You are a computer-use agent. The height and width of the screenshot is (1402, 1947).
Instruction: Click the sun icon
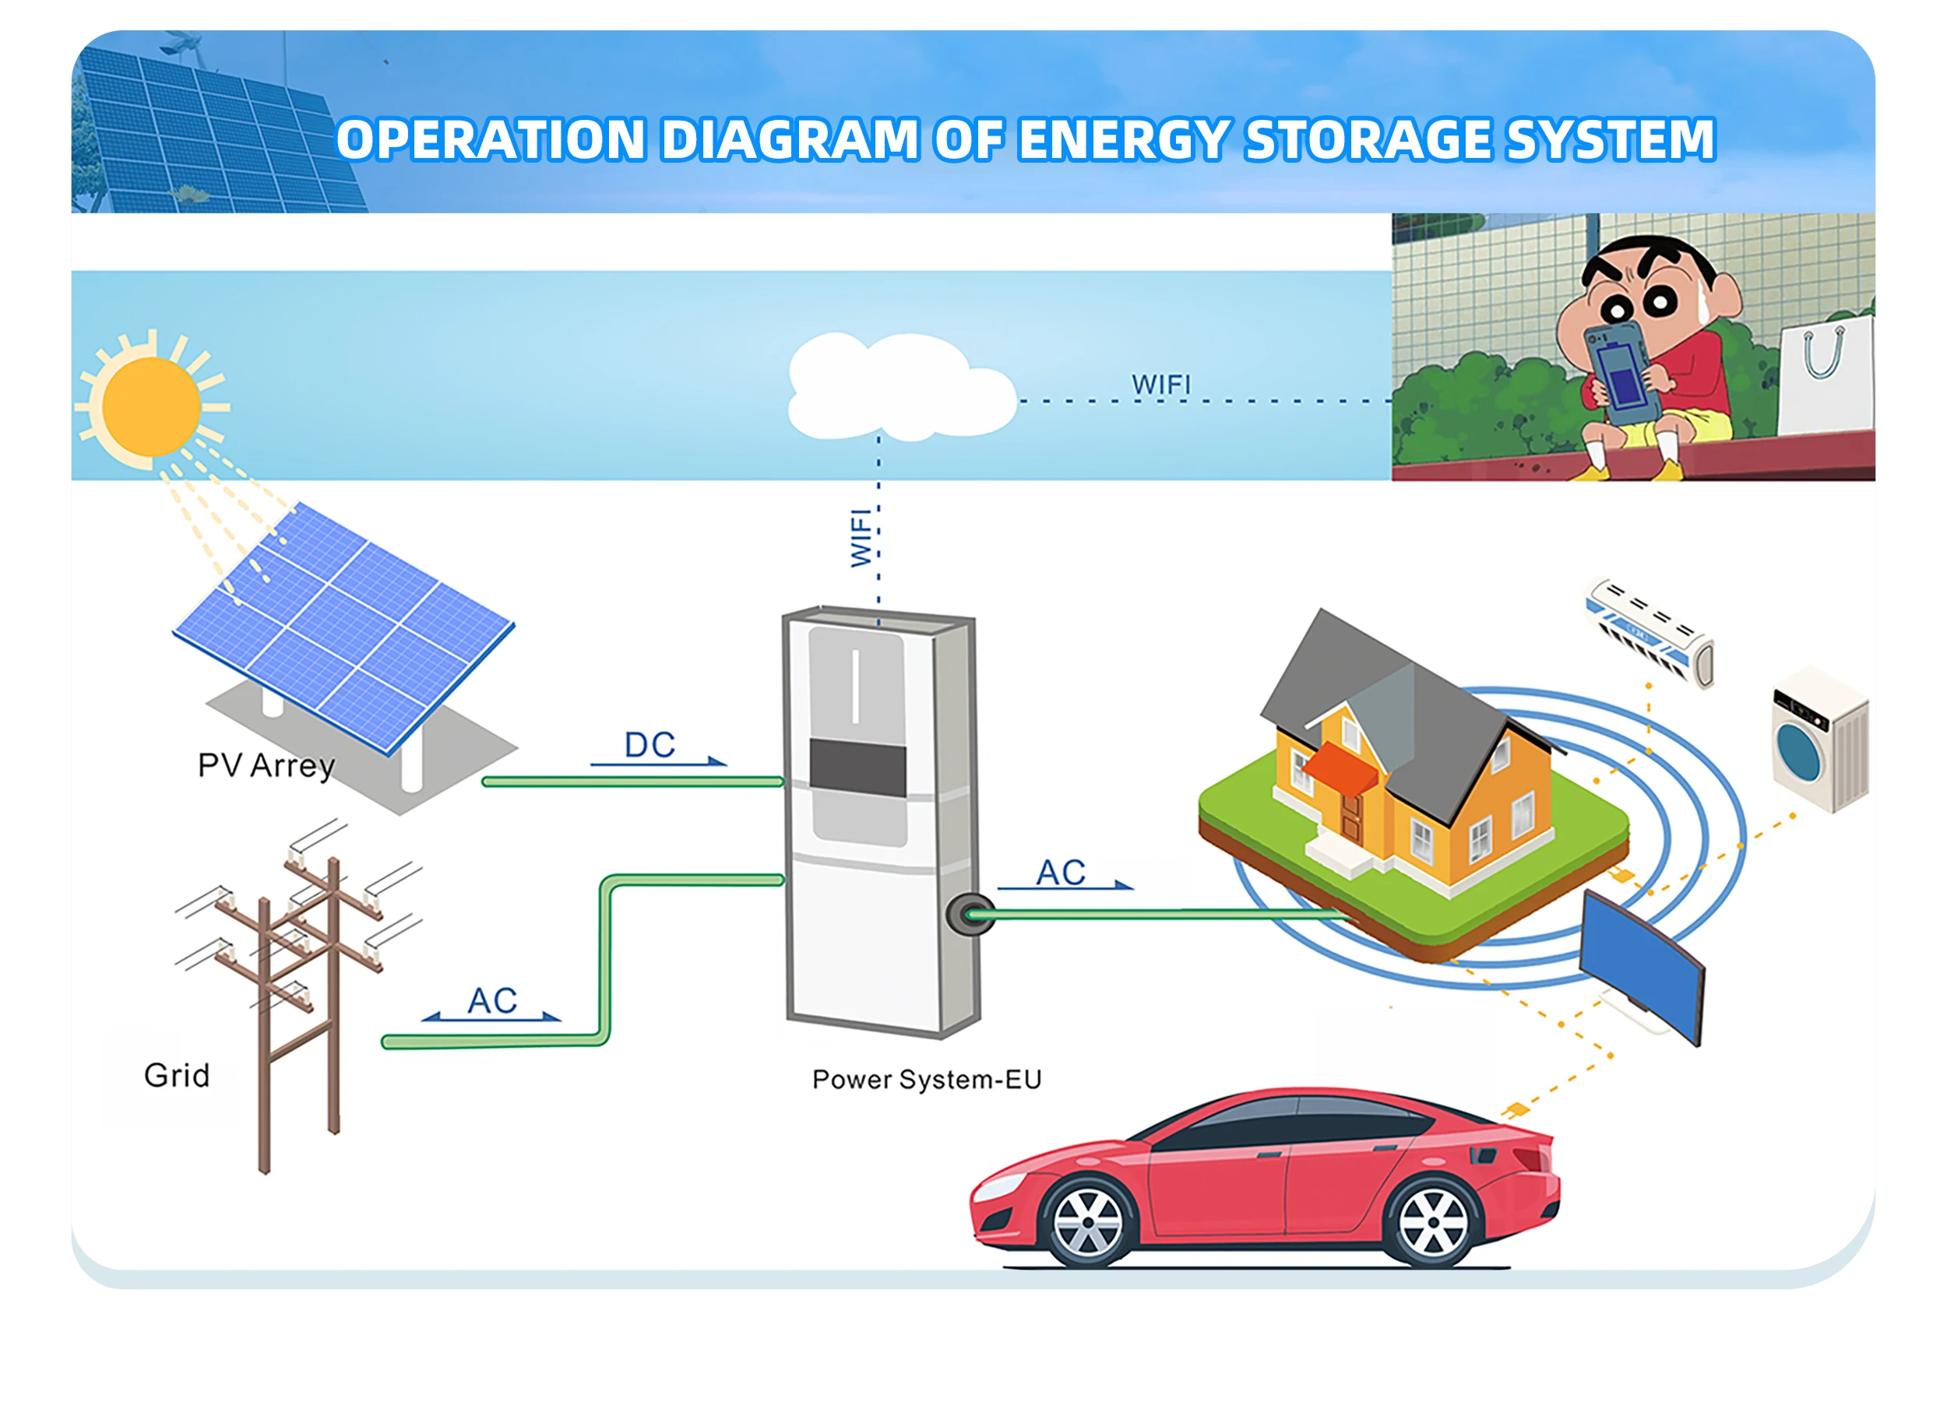(x=151, y=406)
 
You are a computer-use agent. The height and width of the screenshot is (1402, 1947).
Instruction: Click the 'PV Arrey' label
(x=266, y=765)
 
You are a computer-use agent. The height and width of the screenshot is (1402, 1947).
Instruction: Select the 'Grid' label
(x=177, y=1075)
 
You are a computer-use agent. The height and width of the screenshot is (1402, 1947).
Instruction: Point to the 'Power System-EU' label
(x=926, y=1080)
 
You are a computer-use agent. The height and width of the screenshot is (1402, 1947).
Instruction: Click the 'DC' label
(x=650, y=745)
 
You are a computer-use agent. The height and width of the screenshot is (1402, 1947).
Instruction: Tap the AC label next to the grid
(x=492, y=1000)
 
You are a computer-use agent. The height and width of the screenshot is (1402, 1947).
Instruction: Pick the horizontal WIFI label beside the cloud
(x=1160, y=385)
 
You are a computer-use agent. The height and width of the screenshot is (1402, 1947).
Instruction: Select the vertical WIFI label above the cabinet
(x=861, y=538)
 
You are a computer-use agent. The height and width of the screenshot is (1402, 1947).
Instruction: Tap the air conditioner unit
(x=1648, y=633)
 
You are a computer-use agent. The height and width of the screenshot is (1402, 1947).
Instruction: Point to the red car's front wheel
(x=1087, y=1222)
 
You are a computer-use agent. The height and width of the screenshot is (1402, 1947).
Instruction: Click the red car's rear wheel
(x=1433, y=1222)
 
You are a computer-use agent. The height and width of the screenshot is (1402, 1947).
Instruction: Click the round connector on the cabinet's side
(x=970, y=915)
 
